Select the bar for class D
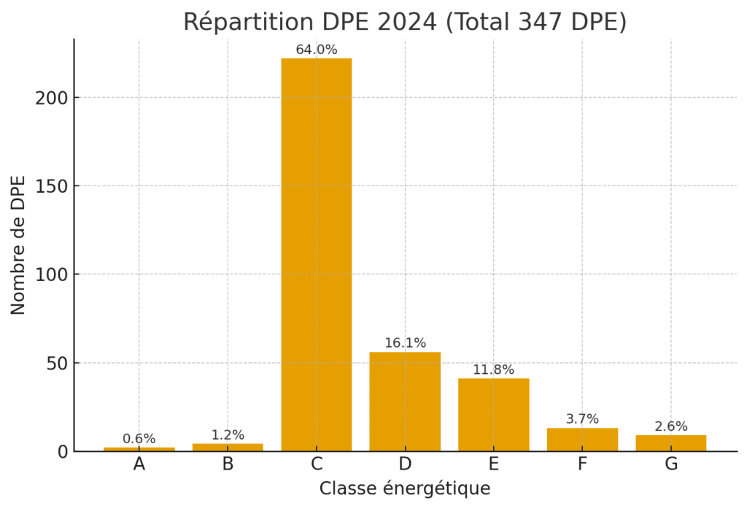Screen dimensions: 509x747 tap(405, 402)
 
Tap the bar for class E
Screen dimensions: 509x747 tap(493, 415)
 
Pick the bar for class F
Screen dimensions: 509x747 tap(582, 440)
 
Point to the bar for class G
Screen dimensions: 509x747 tap(671, 443)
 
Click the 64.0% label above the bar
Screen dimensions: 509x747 tap(316, 50)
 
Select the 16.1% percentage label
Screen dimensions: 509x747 tap(405, 343)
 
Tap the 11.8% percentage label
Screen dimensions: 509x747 tap(493, 370)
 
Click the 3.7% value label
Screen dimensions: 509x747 tap(582, 419)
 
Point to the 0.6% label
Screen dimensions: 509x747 tap(139, 439)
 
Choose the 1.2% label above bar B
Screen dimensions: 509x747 tap(228, 435)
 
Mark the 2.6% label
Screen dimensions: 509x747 tap(671, 426)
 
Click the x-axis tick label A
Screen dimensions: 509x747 tap(139, 464)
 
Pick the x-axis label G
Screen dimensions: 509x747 tap(671, 464)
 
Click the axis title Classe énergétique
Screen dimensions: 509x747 tap(405, 489)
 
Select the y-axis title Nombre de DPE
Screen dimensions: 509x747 tap(19, 245)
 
